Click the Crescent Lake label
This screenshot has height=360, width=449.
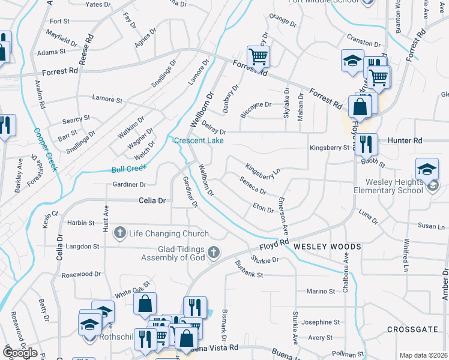click(199, 141)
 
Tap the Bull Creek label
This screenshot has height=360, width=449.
click(128, 169)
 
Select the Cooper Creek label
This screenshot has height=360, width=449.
click(45, 149)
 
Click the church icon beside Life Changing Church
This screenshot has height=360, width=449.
click(120, 233)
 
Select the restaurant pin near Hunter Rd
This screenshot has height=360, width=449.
click(366, 144)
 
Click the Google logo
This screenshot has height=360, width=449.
click(20, 353)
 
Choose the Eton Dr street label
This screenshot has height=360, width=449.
click(263, 208)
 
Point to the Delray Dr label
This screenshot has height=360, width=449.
click(214, 128)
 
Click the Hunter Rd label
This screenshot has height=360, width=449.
click(406, 140)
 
